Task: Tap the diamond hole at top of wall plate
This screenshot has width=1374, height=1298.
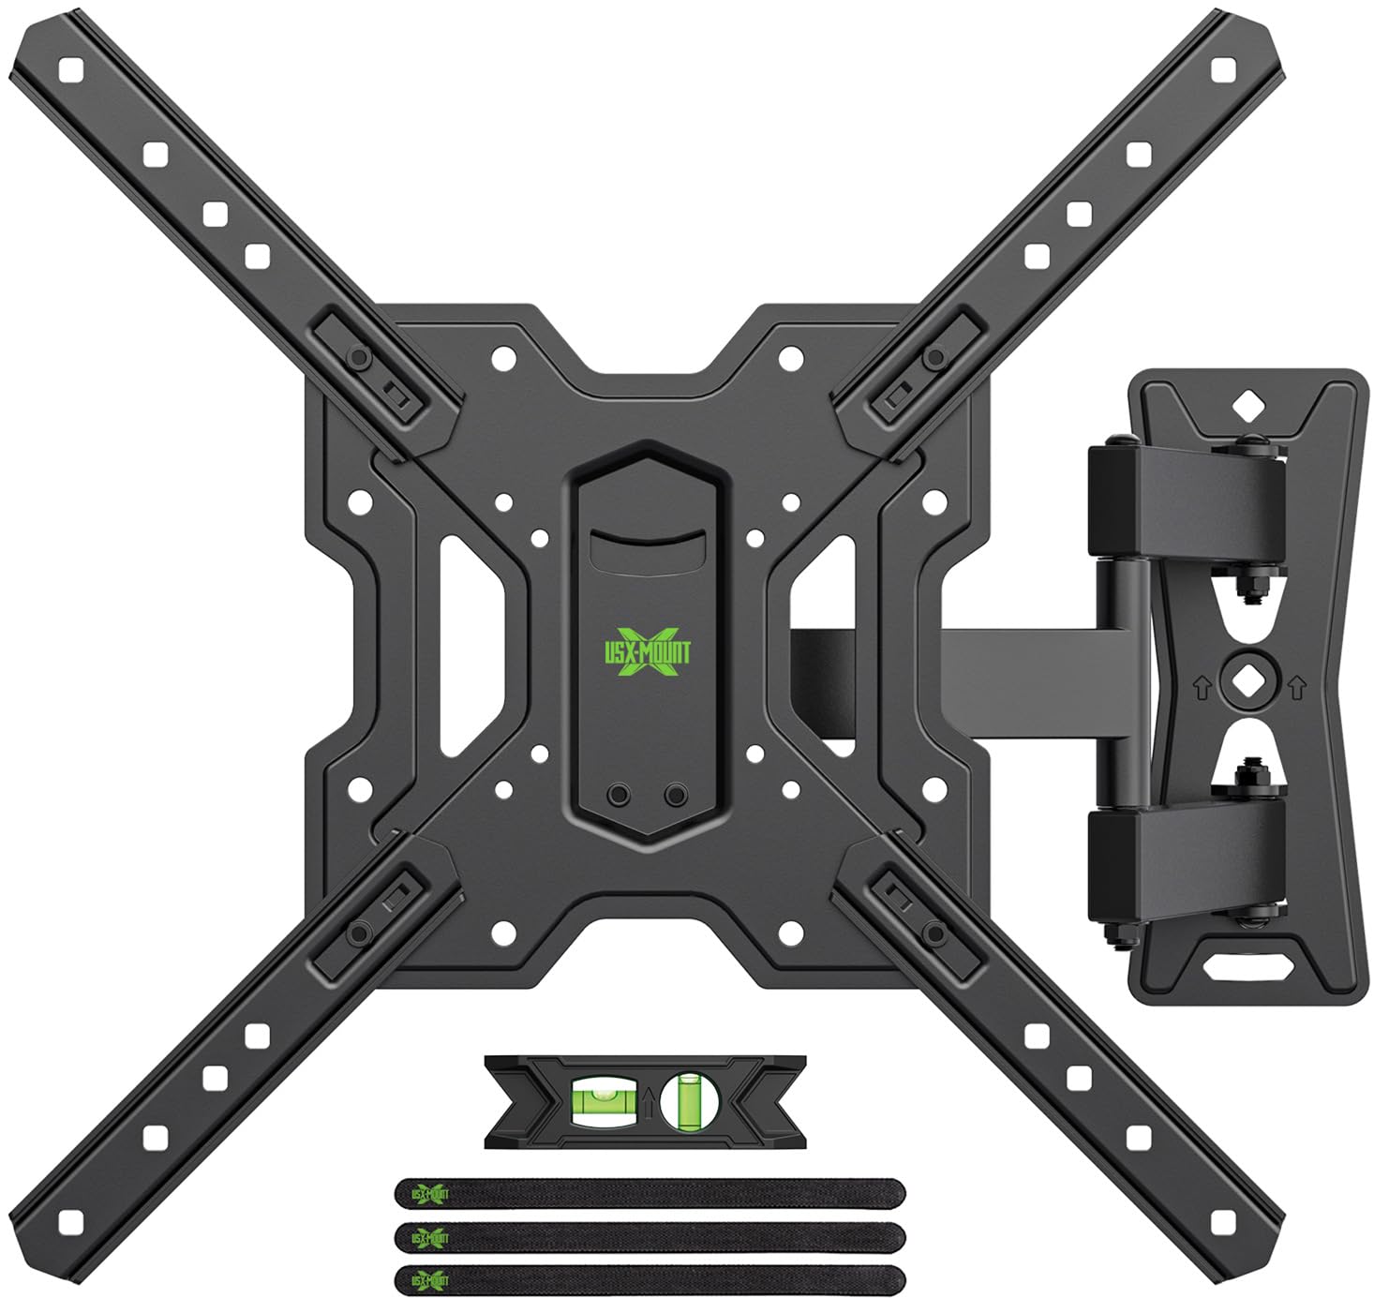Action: (x=1246, y=407)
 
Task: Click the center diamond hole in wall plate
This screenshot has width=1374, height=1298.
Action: (x=1246, y=681)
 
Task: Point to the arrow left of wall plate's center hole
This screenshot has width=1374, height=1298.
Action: (x=1202, y=689)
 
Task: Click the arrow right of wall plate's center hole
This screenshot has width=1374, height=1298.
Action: (x=1296, y=689)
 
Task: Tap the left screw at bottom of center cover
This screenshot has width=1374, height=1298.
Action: (x=618, y=795)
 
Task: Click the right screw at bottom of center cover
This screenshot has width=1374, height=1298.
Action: (x=675, y=795)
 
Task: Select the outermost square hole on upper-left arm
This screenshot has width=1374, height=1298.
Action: (x=69, y=71)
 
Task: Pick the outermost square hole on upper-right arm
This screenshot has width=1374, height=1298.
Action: (x=1221, y=71)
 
